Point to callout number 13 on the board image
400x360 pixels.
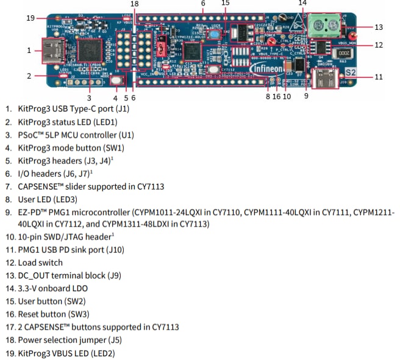click(379, 27)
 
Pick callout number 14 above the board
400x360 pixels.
click(302, 3)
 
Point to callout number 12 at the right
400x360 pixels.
click(378, 44)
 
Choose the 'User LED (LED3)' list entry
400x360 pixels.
click(46, 199)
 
